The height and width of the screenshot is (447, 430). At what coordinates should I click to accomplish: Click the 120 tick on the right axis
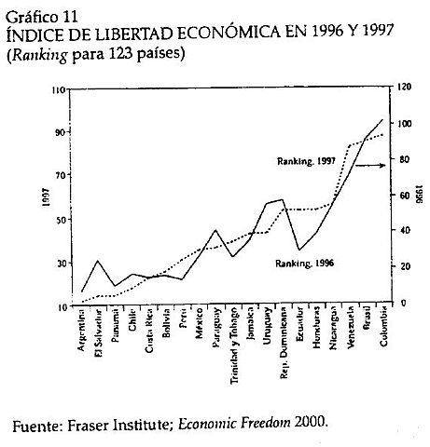point(402,88)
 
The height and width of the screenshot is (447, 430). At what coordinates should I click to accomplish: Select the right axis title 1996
point(417,196)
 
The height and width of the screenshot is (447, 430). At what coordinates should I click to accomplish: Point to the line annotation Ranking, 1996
point(304,264)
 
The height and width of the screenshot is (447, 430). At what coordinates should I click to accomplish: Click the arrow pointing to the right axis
point(371,166)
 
